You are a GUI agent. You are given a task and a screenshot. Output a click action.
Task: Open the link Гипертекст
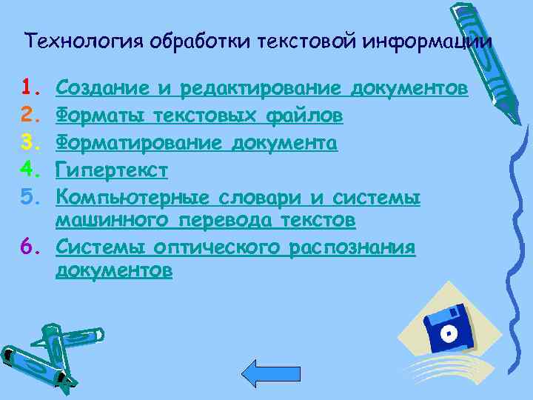tap(113, 171)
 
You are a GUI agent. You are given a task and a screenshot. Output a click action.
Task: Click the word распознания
tap(352, 247)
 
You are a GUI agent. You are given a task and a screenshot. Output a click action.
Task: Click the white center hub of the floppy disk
tap(447, 333)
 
